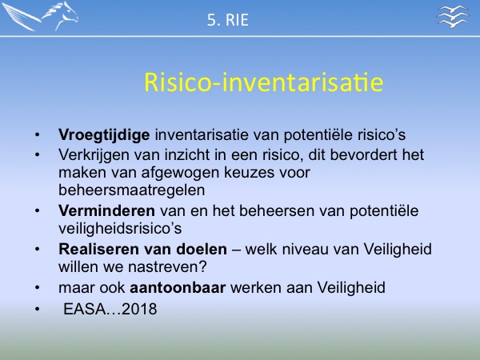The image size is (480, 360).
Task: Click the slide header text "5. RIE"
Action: click(x=228, y=20)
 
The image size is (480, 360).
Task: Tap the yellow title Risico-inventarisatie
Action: click(x=263, y=82)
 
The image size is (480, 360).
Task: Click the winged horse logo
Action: click(x=40, y=16)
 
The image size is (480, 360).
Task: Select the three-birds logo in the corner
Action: click(x=453, y=16)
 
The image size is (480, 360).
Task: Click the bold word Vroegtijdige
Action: click(x=104, y=135)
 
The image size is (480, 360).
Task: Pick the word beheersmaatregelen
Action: click(x=132, y=190)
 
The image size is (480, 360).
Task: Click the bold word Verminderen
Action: click(x=107, y=210)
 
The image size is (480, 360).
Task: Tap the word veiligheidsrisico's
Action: click(x=120, y=228)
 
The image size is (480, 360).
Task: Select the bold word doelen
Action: click(x=202, y=249)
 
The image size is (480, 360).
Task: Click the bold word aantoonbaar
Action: click(x=178, y=287)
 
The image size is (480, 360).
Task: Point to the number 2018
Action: click(x=139, y=309)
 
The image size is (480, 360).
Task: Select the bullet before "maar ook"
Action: click(x=37, y=288)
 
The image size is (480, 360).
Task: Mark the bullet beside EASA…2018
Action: click(x=37, y=309)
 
